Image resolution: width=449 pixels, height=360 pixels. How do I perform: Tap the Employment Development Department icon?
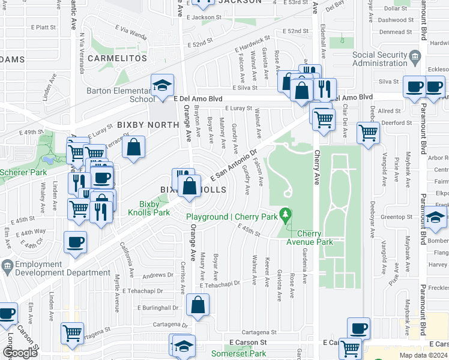click(7, 265)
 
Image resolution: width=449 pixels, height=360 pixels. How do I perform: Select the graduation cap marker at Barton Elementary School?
click(162, 86)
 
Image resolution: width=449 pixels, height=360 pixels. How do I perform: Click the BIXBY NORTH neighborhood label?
click(148, 125)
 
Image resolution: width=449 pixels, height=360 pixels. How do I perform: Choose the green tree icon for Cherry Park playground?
click(288, 214)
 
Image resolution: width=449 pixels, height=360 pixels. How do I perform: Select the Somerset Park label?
click(238, 354)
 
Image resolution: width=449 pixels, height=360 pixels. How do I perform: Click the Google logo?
click(20, 353)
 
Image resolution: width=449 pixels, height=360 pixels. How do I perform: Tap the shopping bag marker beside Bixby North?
click(133, 148)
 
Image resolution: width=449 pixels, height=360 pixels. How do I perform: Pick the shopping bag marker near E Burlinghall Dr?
click(197, 305)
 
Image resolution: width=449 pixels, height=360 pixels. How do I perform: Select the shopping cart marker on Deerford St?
click(368, 133)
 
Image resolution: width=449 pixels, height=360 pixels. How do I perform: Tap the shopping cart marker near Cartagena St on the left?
click(73, 332)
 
